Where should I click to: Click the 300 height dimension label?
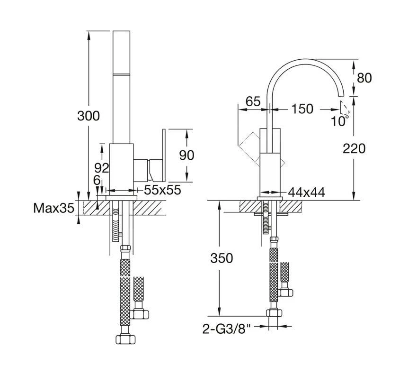pos(89,115)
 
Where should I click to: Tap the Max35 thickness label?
pos(53,208)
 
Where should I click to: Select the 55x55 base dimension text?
pos(162,190)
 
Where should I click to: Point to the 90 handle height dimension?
pos(187,155)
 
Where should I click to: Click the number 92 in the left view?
pos(101,167)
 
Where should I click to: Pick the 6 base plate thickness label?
pos(97,180)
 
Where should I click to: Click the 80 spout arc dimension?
pos(364,78)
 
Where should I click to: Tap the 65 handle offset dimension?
pos(253,101)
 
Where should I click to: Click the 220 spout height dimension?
pos(355,148)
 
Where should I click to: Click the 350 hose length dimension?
pos(222,258)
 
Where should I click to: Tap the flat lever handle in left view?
pos(164,154)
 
